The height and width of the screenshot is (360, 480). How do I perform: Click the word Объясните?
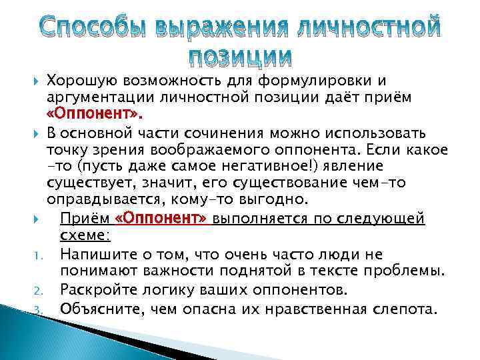pyautogui.click(x=98, y=308)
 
